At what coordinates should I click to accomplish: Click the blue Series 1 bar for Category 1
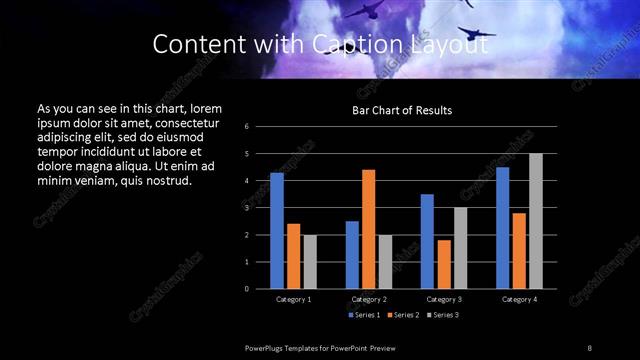(x=277, y=230)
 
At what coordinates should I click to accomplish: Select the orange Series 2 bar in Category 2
(x=369, y=229)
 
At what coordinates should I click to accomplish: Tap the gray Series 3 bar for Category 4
(x=536, y=221)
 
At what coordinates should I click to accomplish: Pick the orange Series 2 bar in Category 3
(x=444, y=264)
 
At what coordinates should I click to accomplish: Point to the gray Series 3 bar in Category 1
(x=310, y=261)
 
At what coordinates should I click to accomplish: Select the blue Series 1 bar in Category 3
(x=427, y=241)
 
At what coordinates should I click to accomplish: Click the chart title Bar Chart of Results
(x=403, y=110)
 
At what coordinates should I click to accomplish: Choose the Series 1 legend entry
(x=365, y=315)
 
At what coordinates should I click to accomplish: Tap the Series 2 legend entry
(x=403, y=315)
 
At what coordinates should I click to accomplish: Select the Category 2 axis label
(x=369, y=299)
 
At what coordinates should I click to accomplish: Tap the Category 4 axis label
(x=519, y=299)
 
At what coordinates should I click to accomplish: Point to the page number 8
(x=589, y=347)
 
